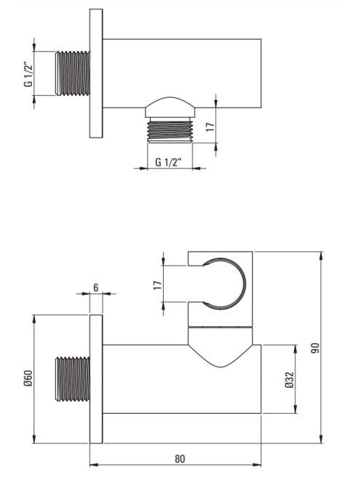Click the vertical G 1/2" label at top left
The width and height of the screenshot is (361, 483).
point(28,74)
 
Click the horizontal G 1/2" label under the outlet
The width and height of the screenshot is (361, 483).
point(168,161)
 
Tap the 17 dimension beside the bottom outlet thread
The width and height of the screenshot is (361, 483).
point(210,127)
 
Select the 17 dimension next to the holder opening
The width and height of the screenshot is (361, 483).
point(157,284)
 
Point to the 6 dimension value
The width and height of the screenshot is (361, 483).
point(96,287)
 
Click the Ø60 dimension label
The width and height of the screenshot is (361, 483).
point(28,378)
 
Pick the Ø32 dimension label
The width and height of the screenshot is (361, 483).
point(290,380)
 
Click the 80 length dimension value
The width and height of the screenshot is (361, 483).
point(180,459)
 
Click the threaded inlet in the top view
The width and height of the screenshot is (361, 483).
point(73,73)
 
